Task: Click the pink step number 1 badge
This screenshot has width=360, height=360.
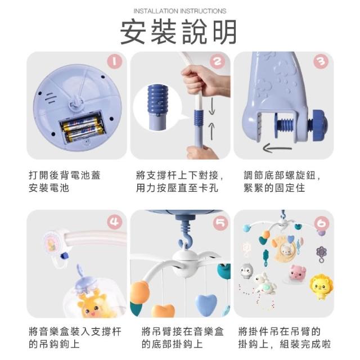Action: coord(114,61)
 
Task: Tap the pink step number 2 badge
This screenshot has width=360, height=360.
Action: coord(218,61)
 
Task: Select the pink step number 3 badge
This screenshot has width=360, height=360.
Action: coord(321,61)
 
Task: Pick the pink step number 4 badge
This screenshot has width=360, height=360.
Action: coord(114,222)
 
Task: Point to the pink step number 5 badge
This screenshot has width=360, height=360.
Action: coord(220,223)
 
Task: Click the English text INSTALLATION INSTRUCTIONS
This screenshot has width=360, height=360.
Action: coord(180,11)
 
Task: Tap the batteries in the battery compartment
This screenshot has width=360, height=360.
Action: coord(83,128)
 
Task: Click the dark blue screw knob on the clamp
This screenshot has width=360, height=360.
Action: coord(318,125)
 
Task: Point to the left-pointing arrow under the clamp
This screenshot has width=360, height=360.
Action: coord(277,148)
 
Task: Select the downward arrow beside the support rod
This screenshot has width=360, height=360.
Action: coord(211,106)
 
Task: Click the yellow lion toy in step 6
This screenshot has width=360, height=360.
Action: coord(321,287)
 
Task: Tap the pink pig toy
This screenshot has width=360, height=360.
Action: coord(297,272)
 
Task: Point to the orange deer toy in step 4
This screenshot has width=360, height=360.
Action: coord(92,304)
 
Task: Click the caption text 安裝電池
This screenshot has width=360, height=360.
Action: coord(49,188)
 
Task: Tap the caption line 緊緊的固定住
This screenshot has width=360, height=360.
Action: coord(274,188)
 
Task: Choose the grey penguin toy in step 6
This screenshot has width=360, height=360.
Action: coord(247,271)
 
